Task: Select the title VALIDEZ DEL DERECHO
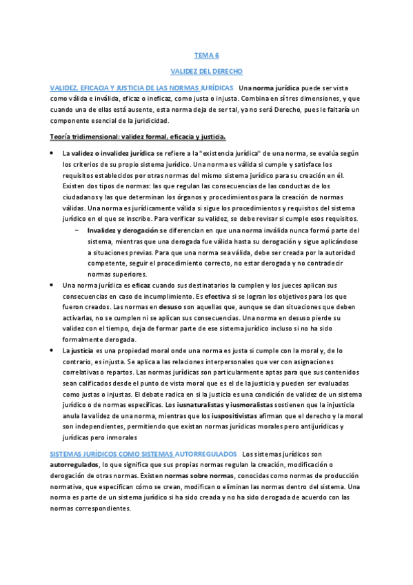(205, 71)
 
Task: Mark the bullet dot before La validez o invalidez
(52, 153)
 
